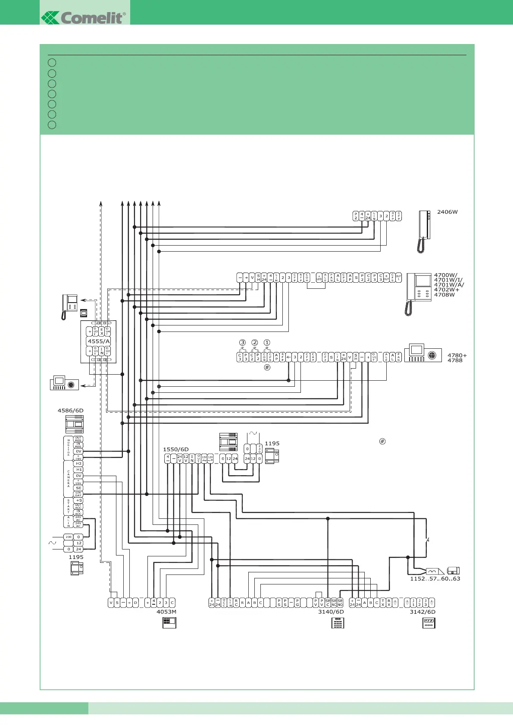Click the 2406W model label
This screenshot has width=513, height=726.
pyautogui.click(x=447, y=212)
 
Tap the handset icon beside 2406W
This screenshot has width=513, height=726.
pyautogui.click(x=424, y=231)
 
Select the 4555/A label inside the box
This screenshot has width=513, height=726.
pyautogui.click(x=99, y=341)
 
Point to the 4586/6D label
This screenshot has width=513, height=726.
pyautogui.click(x=70, y=410)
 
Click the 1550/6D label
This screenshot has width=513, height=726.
pyautogui.click(x=175, y=449)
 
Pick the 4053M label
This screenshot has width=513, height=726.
pyautogui.click(x=166, y=612)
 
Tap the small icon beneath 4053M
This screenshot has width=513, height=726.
pyautogui.click(x=169, y=622)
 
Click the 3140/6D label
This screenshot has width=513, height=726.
pyautogui.click(x=331, y=612)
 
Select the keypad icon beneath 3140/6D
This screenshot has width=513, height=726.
pyautogui.click(x=338, y=623)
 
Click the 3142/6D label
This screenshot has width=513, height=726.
pyautogui.click(x=422, y=612)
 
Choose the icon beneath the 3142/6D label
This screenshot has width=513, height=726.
pyautogui.click(x=429, y=623)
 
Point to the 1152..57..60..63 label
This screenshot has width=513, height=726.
pyautogui.click(x=435, y=579)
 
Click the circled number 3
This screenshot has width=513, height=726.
pyautogui.click(x=242, y=343)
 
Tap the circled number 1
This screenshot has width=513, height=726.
pyautogui.click(x=267, y=343)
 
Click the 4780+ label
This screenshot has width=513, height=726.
pyautogui.click(x=457, y=356)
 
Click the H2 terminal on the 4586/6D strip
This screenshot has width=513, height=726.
pyautogui.click(x=78, y=464)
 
